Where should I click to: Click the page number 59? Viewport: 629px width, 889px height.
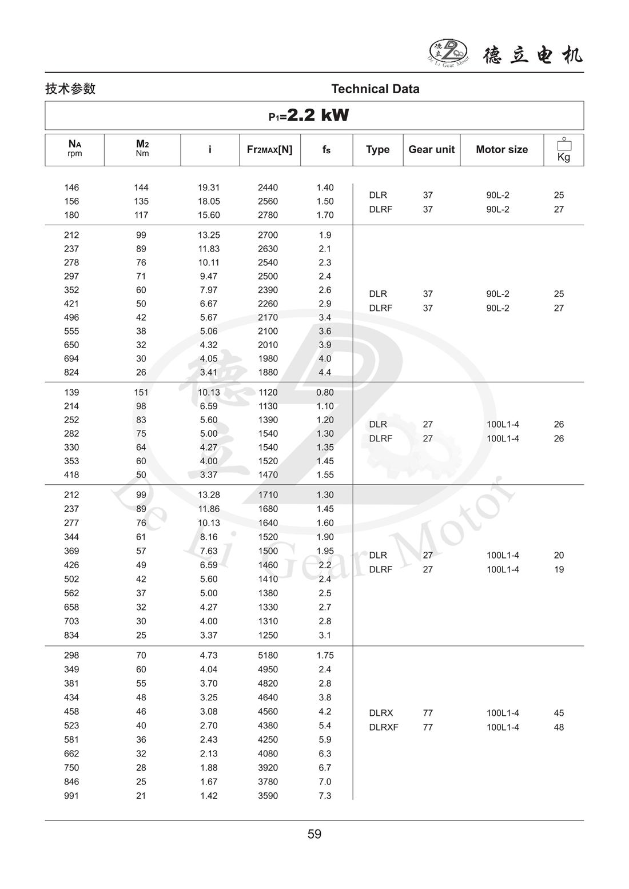pos(314,834)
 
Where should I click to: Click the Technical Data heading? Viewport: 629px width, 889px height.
pos(375,89)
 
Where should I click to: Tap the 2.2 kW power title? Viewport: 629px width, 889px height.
pos(309,115)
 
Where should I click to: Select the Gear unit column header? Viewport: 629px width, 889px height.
pos(431,150)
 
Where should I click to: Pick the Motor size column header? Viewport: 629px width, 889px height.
pos(501,150)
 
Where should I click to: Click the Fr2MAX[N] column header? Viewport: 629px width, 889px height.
pos(269,150)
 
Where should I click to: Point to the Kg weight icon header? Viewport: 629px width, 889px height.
pos(564,149)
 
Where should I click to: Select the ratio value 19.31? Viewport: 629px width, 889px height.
pos(209,188)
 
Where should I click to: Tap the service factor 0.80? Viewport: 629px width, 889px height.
pos(325,392)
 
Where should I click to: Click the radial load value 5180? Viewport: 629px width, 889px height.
pos(268,655)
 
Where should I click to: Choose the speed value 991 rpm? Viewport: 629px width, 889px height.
pos(71,796)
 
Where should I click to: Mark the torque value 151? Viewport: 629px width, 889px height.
pos(141,392)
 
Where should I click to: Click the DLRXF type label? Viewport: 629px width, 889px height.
pos(384,727)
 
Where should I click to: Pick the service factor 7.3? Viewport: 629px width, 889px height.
pos(325,796)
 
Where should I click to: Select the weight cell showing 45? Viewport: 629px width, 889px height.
pos(559,713)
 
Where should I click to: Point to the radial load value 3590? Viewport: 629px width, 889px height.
pos(268,796)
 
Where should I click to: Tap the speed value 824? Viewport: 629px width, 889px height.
pos(71,372)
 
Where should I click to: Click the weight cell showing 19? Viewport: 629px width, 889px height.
pos(559,569)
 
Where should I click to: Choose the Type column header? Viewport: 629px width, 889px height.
pos(377,150)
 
